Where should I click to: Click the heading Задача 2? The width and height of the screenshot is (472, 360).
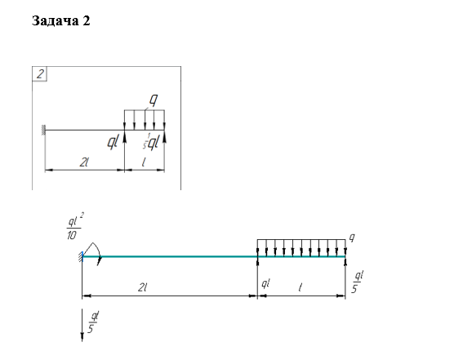60,21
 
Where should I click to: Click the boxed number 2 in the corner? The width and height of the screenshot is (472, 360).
40,74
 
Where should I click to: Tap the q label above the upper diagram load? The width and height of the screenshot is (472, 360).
154,100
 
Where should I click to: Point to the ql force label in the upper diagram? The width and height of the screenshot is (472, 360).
113,141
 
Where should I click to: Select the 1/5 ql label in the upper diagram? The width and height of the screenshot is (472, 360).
150,142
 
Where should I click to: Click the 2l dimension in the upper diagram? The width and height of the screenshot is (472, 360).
84,162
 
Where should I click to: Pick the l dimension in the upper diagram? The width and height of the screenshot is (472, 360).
144,162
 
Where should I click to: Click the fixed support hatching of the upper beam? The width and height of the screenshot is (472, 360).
43,130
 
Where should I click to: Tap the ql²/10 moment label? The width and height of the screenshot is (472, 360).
74,226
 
